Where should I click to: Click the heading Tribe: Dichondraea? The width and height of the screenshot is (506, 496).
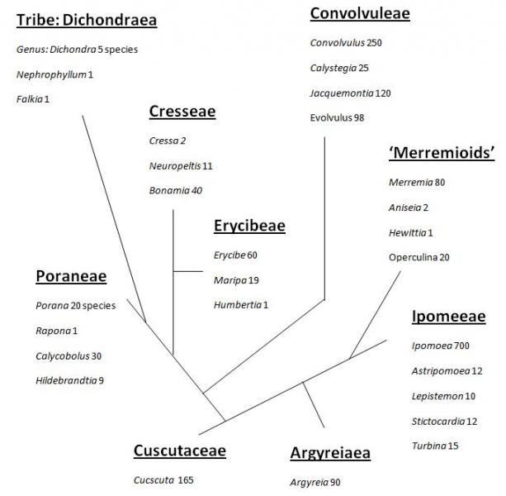click(x=87, y=20)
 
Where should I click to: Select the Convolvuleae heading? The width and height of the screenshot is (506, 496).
click(x=360, y=13)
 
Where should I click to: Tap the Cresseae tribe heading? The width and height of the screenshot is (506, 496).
click(x=182, y=112)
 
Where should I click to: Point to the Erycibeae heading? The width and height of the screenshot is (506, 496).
click(x=249, y=226)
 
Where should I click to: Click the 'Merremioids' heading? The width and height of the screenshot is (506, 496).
click(x=442, y=152)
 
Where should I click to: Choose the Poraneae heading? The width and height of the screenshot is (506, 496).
click(x=71, y=276)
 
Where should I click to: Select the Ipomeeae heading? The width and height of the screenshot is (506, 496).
click(x=448, y=317)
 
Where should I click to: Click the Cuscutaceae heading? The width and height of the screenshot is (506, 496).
click(x=180, y=451)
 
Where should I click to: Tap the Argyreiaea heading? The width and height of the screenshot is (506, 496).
click(x=330, y=453)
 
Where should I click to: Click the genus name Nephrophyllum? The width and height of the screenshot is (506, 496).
click(x=51, y=74)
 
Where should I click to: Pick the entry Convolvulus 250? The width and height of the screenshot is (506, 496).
click(x=346, y=43)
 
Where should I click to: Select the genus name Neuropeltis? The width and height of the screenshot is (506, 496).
click(x=175, y=166)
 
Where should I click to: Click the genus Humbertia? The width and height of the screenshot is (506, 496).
click(x=238, y=305)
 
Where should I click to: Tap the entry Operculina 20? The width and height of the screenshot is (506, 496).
click(x=419, y=257)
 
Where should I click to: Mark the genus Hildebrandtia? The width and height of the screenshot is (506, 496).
click(x=66, y=380)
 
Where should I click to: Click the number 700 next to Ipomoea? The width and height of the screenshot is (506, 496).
click(x=461, y=346)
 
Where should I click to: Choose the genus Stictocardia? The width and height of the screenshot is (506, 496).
click(x=438, y=422)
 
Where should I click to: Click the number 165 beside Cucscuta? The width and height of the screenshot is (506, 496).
click(x=186, y=480)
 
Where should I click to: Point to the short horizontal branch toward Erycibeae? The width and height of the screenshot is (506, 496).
click(x=188, y=271)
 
